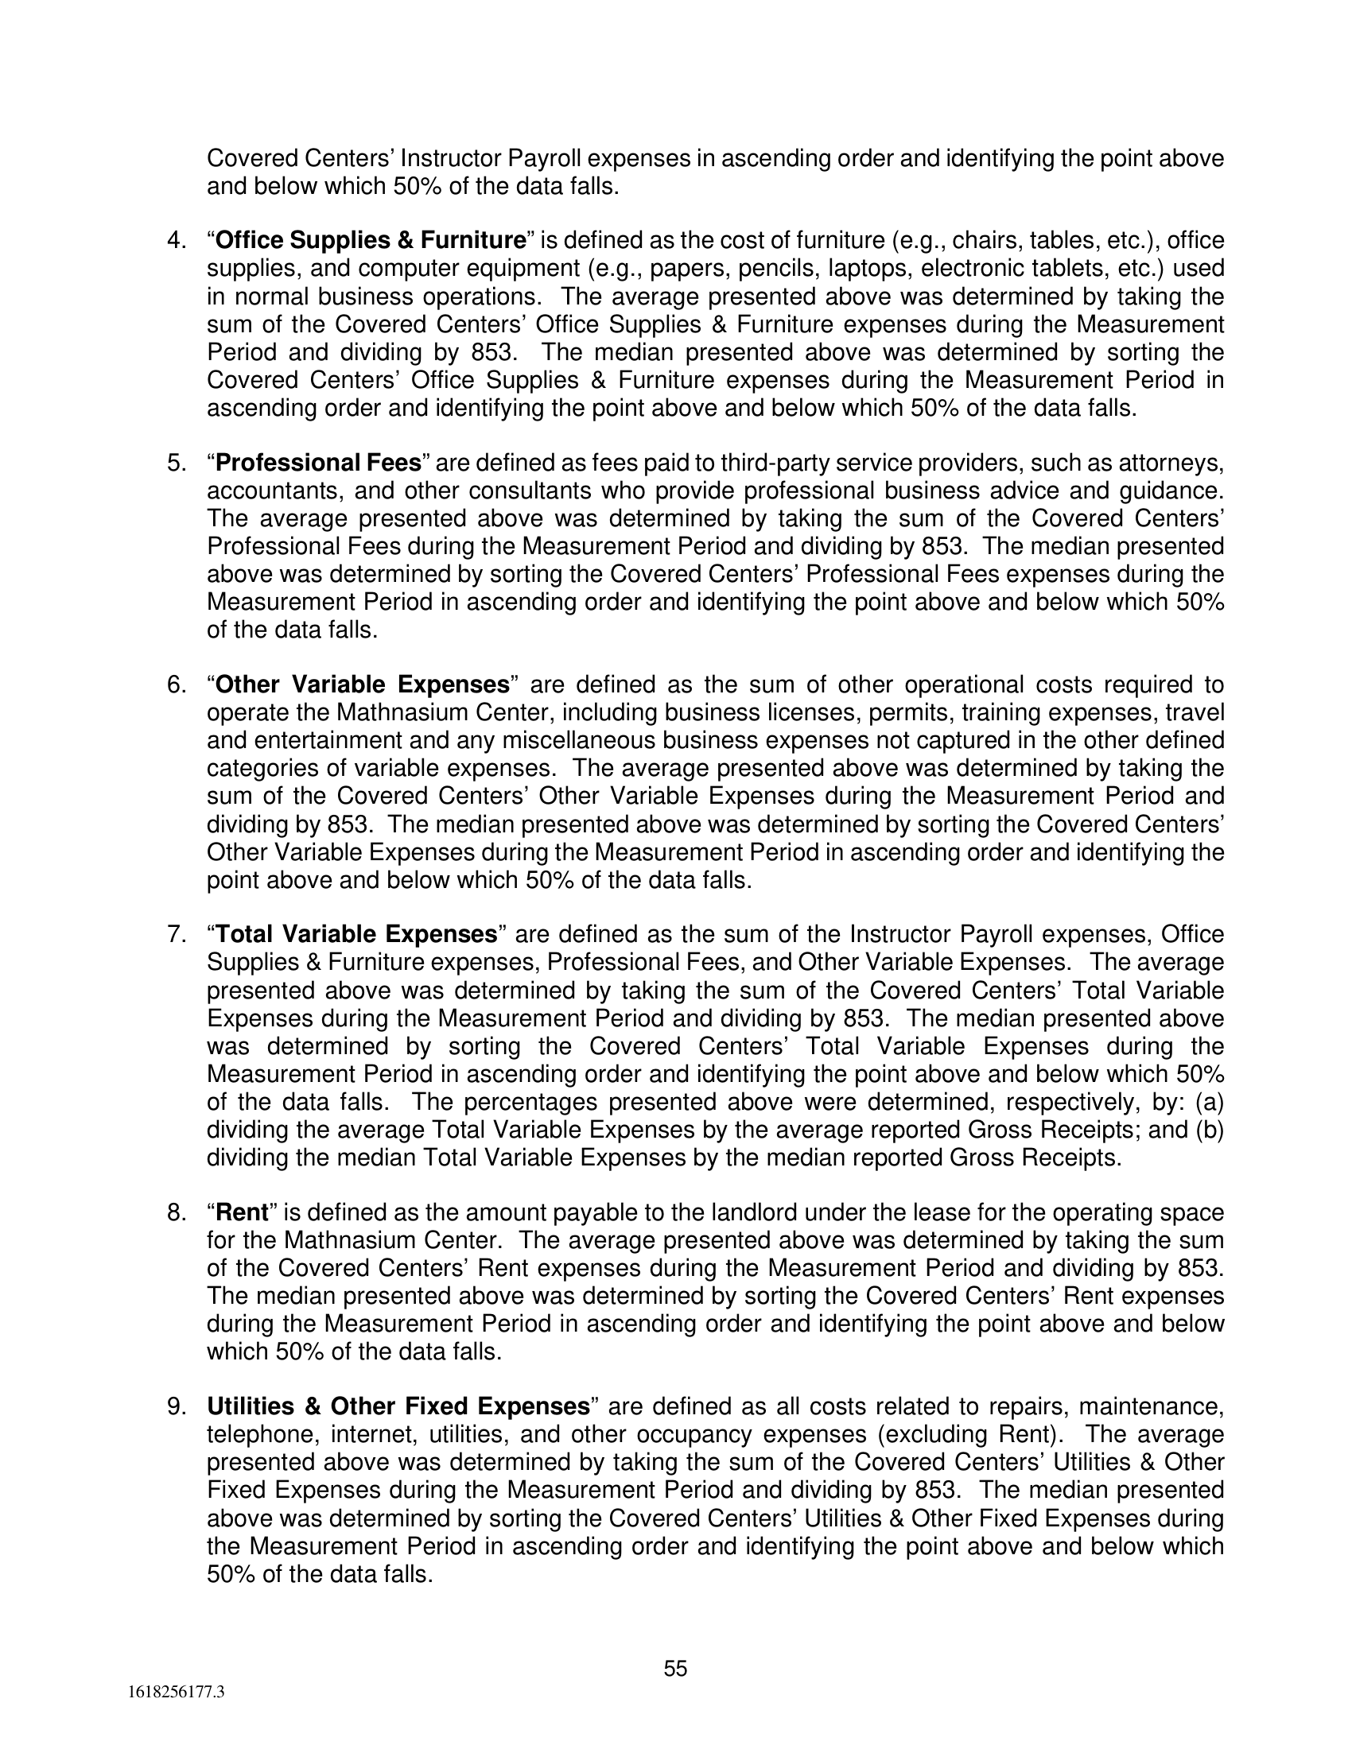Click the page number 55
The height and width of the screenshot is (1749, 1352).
click(x=675, y=1668)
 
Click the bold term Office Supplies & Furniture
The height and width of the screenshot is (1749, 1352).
click(x=371, y=240)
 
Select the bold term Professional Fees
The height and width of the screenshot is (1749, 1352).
click(x=319, y=463)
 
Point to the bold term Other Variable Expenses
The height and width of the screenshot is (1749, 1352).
click(x=363, y=684)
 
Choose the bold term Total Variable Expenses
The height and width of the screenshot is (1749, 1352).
click(x=357, y=935)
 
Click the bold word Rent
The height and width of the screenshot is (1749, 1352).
click(x=242, y=1212)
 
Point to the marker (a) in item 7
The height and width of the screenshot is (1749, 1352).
click(x=1210, y=1102)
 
